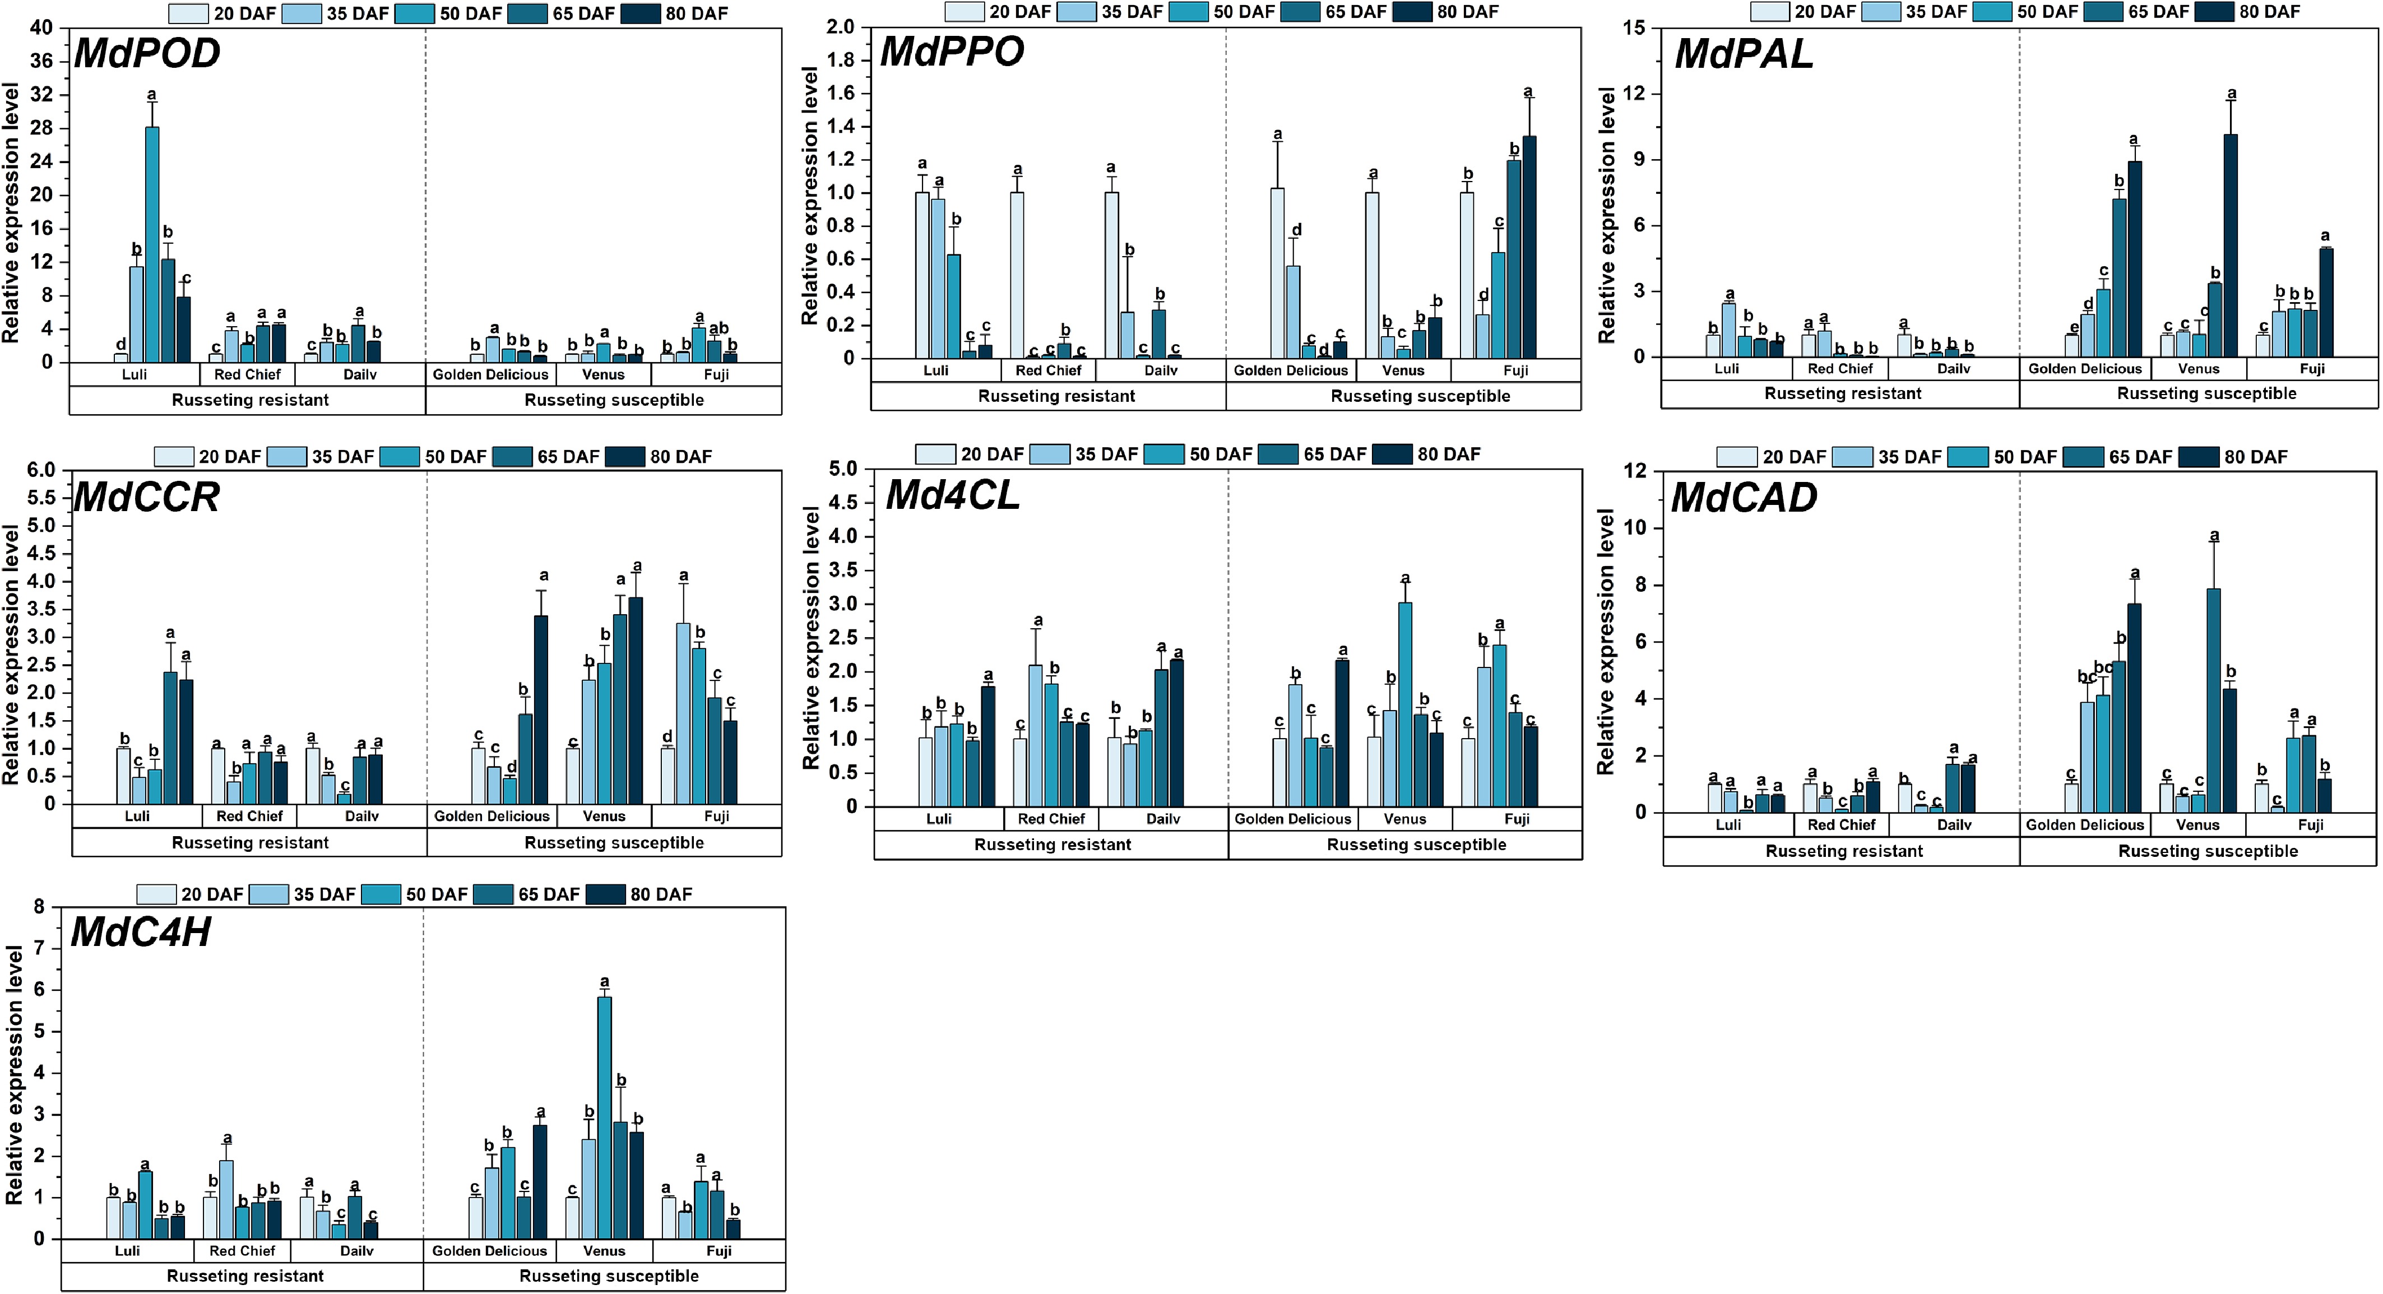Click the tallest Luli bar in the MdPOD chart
point(152,244)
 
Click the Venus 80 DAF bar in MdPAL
point(2231,245)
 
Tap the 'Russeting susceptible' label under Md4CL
point(1416,845)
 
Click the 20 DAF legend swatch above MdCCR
point(173,457)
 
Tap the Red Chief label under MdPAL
point(1840,368)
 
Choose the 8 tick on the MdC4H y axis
point(39,907)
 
